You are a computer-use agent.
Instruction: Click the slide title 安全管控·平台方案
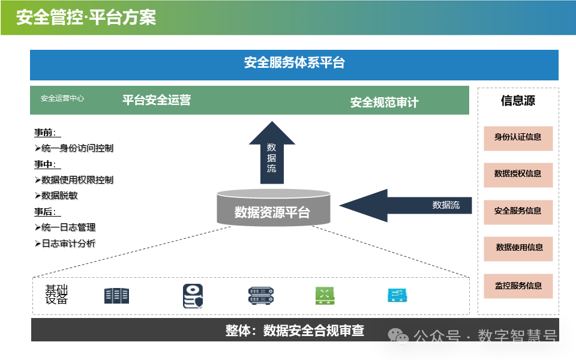tap(86, 17)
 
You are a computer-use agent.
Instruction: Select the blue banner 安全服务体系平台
tap(294, 63)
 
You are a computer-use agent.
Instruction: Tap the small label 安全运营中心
tap(62, 98)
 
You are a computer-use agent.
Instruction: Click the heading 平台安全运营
tap(157, 100)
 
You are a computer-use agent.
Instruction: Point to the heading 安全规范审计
tap(384, 103)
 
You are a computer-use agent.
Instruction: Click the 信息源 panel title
tap(518, 101)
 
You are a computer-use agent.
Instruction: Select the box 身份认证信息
tap(518, 137)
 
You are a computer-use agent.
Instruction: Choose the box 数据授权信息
tap(518, 174)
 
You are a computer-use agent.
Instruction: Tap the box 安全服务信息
tap(518, 211)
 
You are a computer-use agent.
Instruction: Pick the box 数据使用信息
tap(519, 248)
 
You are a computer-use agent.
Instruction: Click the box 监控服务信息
tap(518, 286)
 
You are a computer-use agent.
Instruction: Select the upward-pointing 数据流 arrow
tap(272, 154)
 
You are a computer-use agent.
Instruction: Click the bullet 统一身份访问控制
tap(77, 148)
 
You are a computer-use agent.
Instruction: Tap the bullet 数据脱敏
tap(59, 196)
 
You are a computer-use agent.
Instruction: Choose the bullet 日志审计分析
tap(68, 244)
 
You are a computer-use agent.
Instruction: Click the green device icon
tap(325, 295)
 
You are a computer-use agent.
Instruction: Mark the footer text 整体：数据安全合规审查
tap(295, 331)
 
